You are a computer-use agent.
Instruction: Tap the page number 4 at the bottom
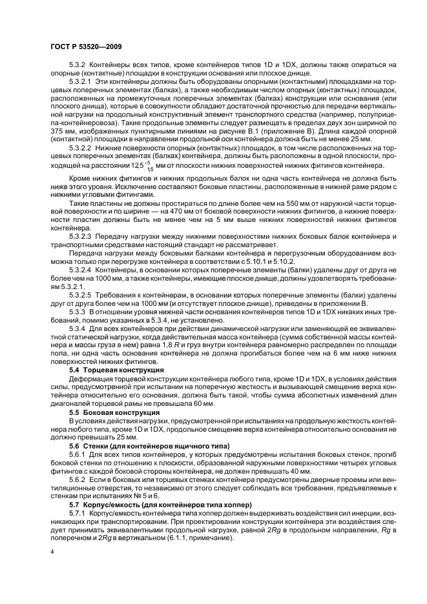52,553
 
